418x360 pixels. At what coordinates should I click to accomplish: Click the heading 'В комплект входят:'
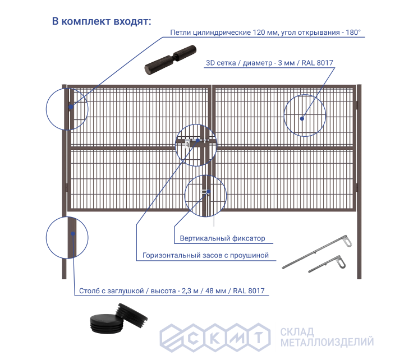coord(102,21)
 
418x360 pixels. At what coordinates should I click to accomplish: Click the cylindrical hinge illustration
coord(171,60)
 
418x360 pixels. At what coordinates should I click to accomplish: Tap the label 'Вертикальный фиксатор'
coord(222,238)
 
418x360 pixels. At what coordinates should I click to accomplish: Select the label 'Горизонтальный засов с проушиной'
coord(205,255)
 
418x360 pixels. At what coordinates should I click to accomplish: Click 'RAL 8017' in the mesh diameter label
coord(317,63)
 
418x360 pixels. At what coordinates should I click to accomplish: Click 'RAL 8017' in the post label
coord(249,290)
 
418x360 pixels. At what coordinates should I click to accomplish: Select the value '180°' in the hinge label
coord(353,33)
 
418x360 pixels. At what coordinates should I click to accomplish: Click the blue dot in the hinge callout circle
coord(71,107)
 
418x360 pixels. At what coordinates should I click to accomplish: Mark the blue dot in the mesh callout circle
coord(302,118)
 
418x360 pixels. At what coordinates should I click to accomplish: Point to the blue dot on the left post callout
coord(73,234)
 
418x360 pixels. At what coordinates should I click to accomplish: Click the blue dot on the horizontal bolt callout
coord(198,140)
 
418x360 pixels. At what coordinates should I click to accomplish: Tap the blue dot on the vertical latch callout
coord(209,192)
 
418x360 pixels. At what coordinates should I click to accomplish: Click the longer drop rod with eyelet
coord(317,252)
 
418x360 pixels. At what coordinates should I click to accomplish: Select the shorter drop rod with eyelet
coord(327,264)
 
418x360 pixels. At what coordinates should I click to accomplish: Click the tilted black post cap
coord(131,316)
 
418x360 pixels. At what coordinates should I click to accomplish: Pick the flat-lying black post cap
coord(107,324)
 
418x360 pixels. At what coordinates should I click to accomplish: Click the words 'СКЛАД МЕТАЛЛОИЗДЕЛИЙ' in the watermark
coord(327,337)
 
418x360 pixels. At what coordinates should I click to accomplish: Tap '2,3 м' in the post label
coord(190,290)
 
